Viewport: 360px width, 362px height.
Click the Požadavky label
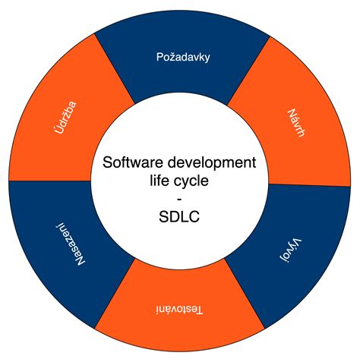(x=183, y=57)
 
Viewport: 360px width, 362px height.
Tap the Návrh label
(x=296, y=123)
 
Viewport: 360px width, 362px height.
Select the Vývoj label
(x=291, y=250)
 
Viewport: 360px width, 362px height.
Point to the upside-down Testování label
(x=179, y=310)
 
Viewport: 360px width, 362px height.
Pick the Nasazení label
(x=70, y=244)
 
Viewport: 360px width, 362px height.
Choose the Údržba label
(x=65, y=118)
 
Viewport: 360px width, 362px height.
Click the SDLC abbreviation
(x=179, y=217)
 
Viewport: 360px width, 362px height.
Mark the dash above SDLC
(x=179, y=200)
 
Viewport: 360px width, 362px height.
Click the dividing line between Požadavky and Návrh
(x=248, y=71)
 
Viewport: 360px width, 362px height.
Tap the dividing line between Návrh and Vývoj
(x=309, y=185)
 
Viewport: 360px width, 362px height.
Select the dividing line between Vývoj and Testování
(x=245, y=294)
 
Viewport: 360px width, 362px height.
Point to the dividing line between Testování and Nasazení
(x=114, y=294)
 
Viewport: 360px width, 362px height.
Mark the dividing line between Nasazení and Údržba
(x=50, y=181)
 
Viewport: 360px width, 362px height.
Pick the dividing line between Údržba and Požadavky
(x=114, y=68)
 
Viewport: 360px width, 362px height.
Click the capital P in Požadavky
(x=159, y=57)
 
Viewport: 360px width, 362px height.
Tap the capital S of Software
(x=107, y=162)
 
